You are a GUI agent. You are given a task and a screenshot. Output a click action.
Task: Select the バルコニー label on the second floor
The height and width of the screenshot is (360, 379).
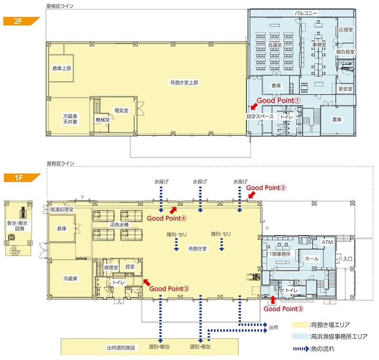coord(306,13)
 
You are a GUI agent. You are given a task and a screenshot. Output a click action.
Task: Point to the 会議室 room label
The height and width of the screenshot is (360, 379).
coord(275,45)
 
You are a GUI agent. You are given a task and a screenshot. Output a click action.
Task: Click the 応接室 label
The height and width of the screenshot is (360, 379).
coord(346,29)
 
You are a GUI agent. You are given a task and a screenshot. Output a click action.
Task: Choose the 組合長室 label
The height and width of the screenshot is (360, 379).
coord(345,52)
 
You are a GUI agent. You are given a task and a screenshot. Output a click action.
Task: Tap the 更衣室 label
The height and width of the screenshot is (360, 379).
coord(345,89)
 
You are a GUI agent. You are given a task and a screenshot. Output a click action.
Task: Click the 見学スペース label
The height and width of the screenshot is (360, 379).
coord(260,116)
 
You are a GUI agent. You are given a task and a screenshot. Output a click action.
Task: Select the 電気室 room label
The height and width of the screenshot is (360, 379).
coord(121,111)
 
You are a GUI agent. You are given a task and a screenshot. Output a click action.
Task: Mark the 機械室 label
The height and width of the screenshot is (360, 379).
coord(102,120)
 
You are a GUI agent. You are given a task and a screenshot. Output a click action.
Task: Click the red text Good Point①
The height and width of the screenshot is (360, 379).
coord(279,101)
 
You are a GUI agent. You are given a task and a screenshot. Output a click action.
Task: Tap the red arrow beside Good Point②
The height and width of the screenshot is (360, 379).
coord(252,195)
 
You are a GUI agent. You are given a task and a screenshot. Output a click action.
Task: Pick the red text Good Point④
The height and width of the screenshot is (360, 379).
coord(167,218)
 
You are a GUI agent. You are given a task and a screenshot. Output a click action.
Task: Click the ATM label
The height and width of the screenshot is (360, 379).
coord(327,242)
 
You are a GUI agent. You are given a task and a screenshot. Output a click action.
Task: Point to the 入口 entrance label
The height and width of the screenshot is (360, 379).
coord(348,259)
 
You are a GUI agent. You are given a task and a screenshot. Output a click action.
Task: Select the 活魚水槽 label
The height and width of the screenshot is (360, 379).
coord(119,224)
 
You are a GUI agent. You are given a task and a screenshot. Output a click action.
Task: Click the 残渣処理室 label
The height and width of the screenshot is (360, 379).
coord(62,210)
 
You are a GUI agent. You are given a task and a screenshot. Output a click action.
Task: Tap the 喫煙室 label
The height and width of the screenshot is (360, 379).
coord(111,268)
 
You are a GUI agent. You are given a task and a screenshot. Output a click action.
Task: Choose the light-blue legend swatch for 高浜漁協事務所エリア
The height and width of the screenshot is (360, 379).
coord(300,336)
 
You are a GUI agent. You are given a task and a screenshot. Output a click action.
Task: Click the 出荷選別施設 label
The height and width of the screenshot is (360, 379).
coord(121,348)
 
